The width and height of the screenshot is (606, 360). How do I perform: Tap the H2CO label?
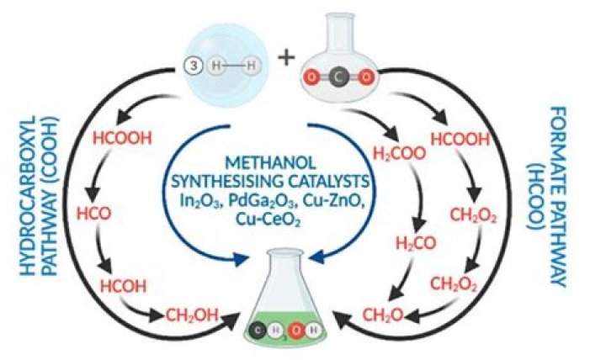pyautogui.click(x=414, y=244)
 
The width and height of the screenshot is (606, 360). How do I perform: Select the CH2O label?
pyautogui.click(x=381, y=315)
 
